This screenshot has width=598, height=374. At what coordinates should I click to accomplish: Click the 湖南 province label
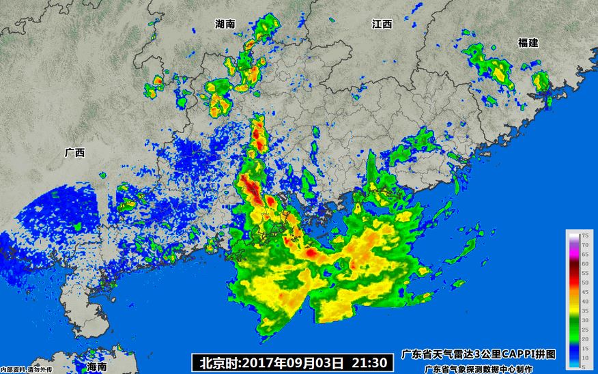225,24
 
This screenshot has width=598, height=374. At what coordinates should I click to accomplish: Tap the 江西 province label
382,25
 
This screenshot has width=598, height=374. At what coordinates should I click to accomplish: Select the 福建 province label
528,43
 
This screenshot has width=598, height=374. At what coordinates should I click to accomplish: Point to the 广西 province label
74,154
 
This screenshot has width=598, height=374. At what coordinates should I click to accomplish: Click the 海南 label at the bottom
97,366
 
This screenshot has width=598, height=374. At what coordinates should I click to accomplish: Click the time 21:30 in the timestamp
373,362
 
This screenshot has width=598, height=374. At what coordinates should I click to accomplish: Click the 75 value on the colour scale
584,235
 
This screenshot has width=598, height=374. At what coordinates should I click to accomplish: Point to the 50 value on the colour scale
584,282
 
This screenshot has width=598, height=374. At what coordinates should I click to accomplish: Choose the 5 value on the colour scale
584,366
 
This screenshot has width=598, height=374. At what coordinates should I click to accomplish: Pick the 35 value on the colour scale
584,310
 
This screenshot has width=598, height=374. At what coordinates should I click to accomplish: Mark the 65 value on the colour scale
584,254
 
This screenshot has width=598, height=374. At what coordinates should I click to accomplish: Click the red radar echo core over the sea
310,253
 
